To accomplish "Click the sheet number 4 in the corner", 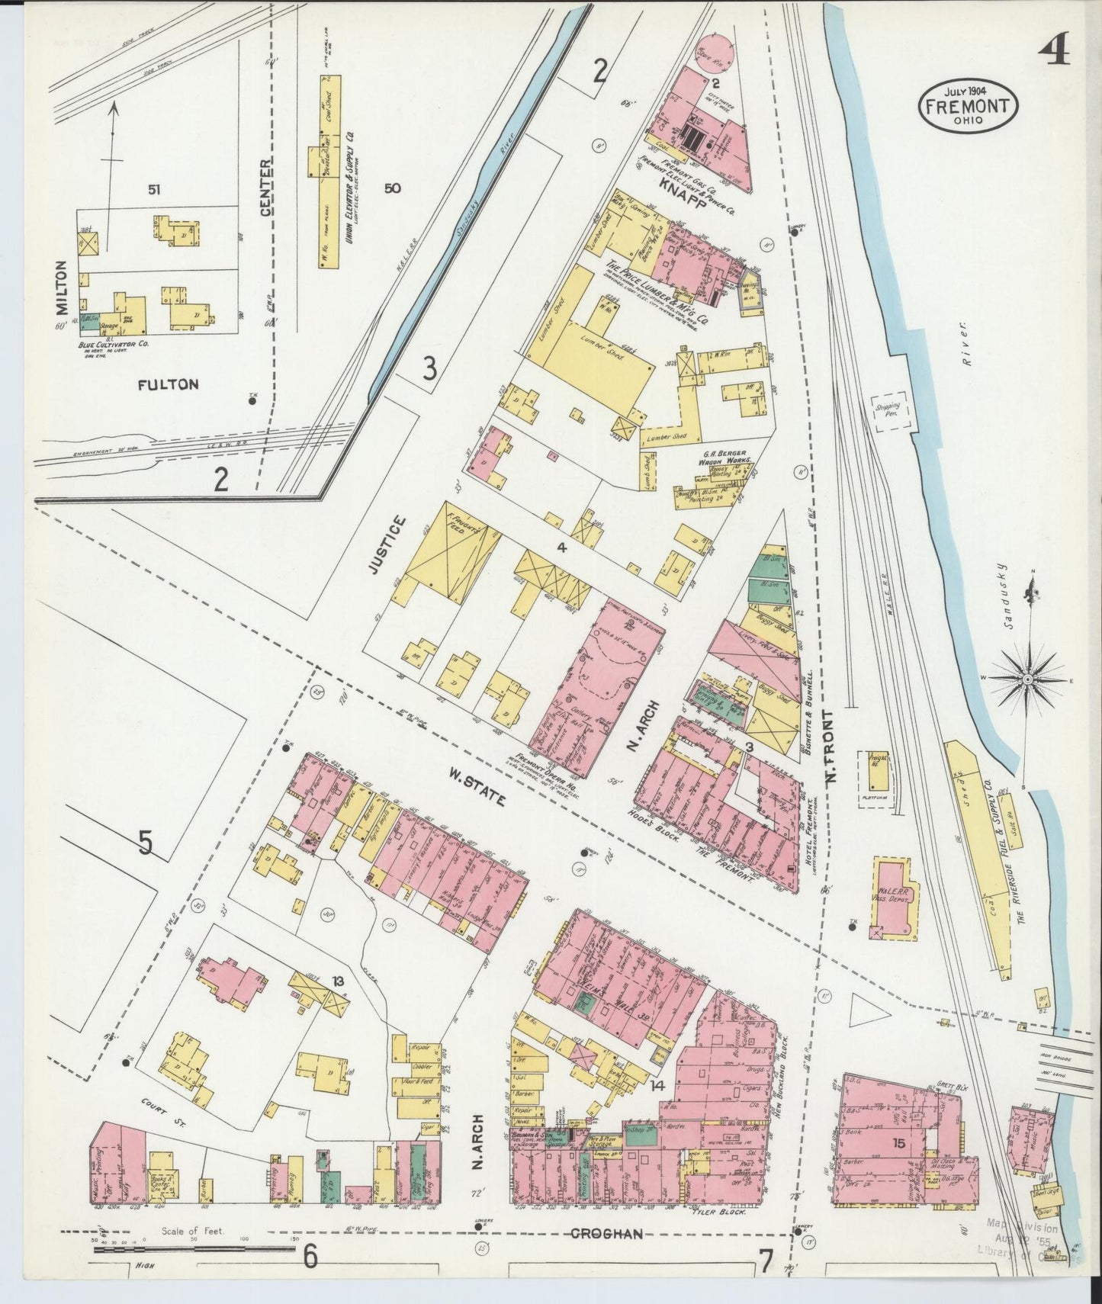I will pyautogui.click(x=1054, y=52).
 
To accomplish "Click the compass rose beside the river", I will pyautogui.click(x=1027, y=678).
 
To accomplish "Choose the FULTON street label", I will pyautogui.click(x=168, y=384).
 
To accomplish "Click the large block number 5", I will pyautogui.click(x=146, y=843).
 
